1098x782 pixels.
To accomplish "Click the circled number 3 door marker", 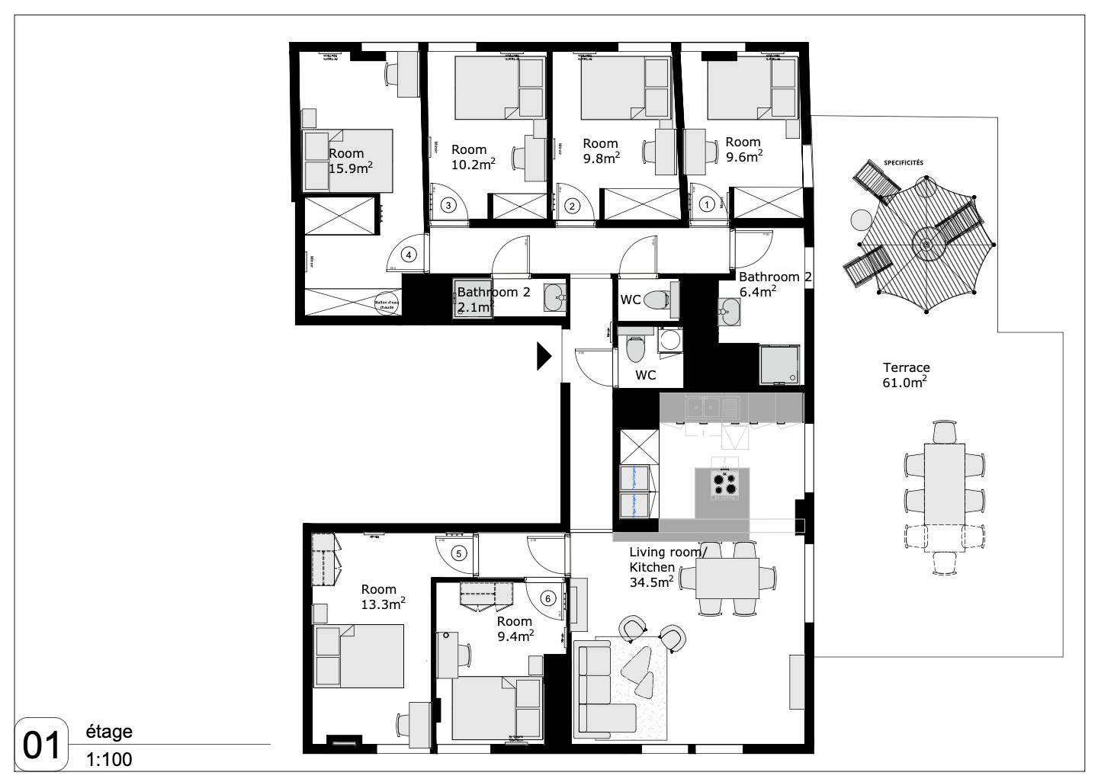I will click(449, 204).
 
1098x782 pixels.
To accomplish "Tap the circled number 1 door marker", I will click(708, 204).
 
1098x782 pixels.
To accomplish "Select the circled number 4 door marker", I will click(409, 255).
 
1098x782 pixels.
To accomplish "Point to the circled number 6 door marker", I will click(547, 598).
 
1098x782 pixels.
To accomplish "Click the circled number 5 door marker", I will click(458, 554).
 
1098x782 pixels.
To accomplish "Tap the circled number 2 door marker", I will click(572, 205).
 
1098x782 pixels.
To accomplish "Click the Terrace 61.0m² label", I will click(905, 375).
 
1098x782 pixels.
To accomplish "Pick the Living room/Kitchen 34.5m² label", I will click(663, 567).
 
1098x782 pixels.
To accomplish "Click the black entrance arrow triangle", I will click(543, 356).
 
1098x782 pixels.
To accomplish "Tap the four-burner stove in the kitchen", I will click(724, 483).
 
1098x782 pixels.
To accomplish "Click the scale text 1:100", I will click(109, 760).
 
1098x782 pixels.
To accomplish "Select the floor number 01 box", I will click(42, 746).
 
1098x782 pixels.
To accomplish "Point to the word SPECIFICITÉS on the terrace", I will click(903, 162).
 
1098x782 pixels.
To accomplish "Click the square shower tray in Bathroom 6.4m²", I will click(780, 364).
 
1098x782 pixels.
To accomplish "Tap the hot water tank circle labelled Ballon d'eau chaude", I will click(387, 303).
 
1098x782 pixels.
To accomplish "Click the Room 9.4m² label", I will click(515, 629).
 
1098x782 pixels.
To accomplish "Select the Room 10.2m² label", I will click(471, 157).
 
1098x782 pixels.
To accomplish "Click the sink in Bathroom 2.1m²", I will click(554, 297).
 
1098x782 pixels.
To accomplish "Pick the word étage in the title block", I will click(110, 732).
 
